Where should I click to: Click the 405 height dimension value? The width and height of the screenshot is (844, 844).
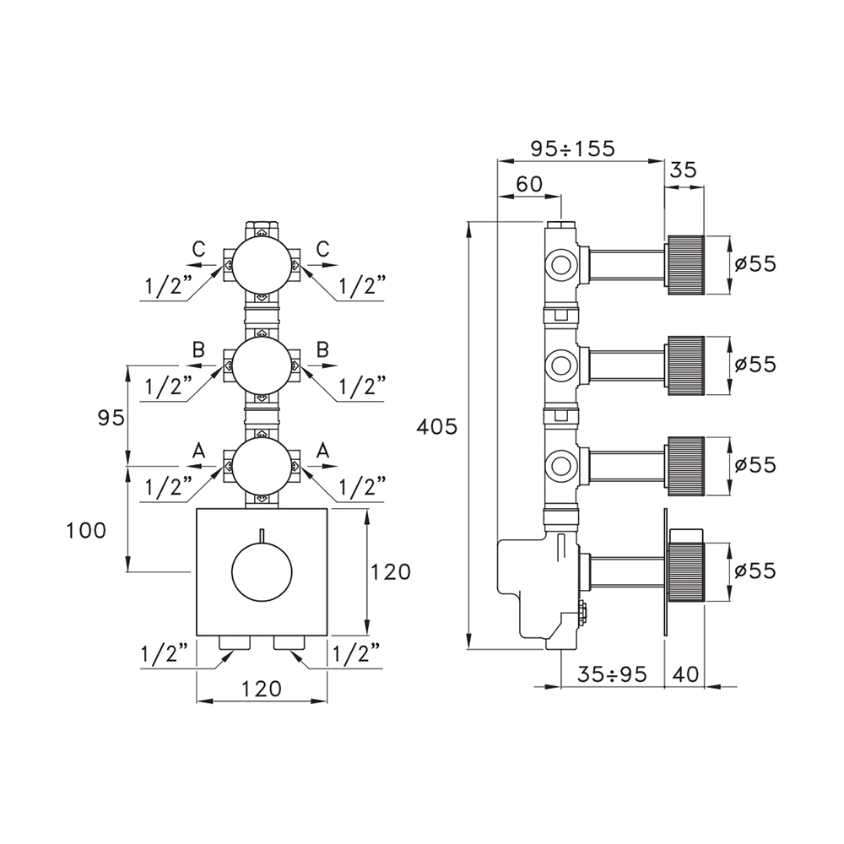click(x=437, y=428)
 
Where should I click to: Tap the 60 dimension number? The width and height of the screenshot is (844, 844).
click(x=529, y=184)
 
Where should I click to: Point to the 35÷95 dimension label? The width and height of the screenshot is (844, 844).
click(x=612, y=674)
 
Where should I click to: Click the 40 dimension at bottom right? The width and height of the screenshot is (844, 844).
click(x=685, y=674)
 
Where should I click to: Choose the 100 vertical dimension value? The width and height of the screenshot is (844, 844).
click(x=87, y=530)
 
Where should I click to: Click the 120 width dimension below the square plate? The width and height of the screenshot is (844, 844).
click(x=261, y=688)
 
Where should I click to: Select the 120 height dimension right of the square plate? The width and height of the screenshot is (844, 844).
click(x=389, y=572)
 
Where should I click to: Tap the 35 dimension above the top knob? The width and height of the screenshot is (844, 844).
click(x=684, y=170)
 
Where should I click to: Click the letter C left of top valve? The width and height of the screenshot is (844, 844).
click(x=198, y=249)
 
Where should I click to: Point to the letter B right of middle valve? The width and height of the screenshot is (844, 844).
click(x=322, y=349)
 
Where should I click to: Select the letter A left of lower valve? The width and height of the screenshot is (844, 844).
click(x=198, y=451)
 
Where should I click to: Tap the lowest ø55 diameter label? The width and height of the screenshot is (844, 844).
click(x=755, y=571)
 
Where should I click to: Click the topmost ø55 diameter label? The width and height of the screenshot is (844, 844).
click(x=755, y=263)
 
